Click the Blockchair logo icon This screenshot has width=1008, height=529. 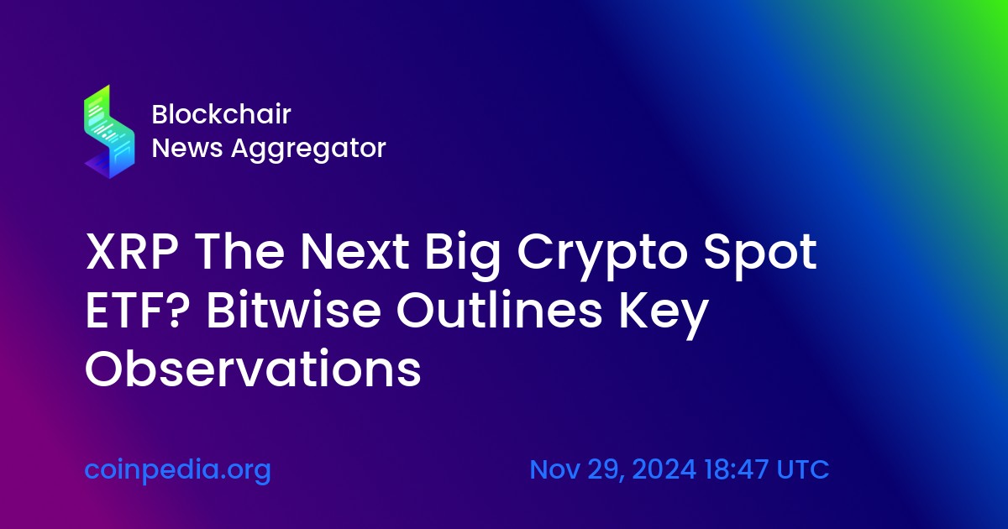[109, 131]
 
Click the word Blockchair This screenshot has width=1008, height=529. [222, 114]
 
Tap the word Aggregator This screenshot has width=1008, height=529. [308, 149]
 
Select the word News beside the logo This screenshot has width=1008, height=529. [187, 148]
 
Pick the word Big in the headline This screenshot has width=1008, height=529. [463, 256]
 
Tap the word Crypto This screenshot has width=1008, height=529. [603, 256]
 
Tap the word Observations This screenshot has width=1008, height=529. [253, 369]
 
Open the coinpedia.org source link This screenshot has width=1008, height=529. [178, 470]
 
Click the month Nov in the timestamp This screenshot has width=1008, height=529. [555, 469]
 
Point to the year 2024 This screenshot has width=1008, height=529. [664, 469]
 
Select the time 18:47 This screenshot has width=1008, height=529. [736, 469]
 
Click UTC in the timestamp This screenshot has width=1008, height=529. [803, 469]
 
